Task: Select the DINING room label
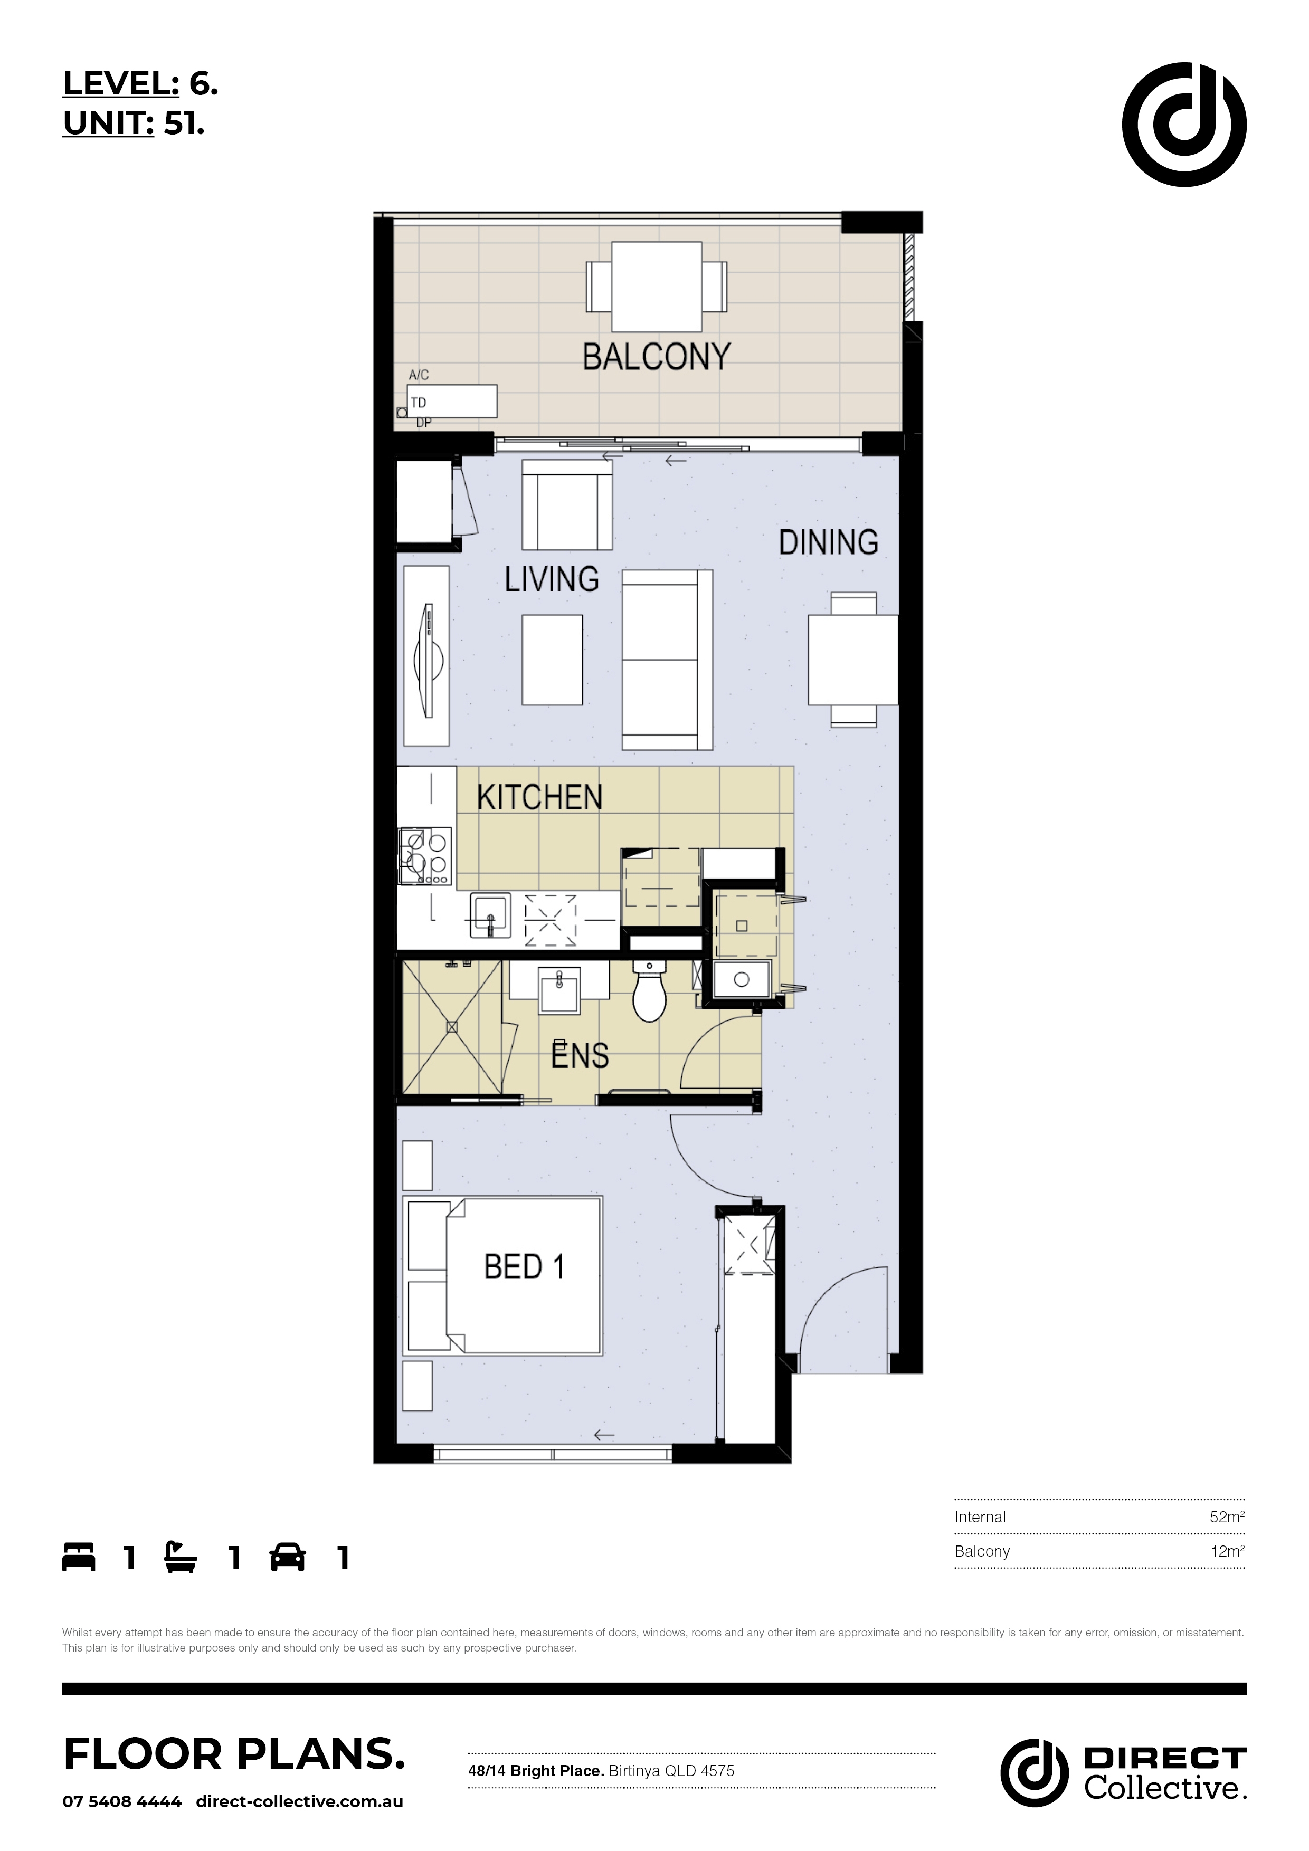pyautogui.click(x=828, y=542)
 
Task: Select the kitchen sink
pyautogui.click(x=490, y=916)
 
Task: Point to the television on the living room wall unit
pyautogui.click(x=428, y=660)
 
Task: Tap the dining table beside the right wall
pyautogui.click(x=853, y=660)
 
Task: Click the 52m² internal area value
pyautogui.click(x=1227, y=1516)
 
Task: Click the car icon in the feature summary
pyautogui.click(x=288, y=1558)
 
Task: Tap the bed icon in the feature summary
pyautogui.click(x=79, y=1558)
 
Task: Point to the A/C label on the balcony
pyautogui.click(x=419, y=375)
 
